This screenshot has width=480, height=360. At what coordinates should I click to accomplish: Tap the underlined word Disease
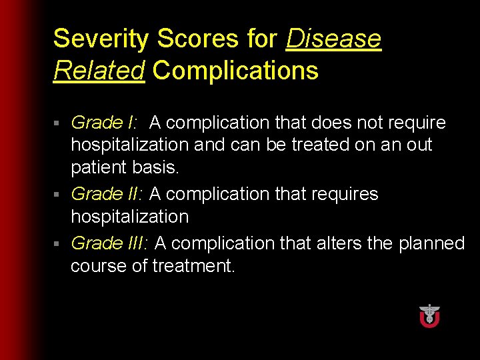tap(333, 39)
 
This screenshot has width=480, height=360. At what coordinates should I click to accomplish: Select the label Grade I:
tap(104, 123)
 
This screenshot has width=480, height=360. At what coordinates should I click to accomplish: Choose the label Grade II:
tap(107, 195)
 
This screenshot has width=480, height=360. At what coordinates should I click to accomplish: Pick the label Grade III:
tap(109, 243)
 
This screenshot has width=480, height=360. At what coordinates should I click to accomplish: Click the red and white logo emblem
tap(429, 316)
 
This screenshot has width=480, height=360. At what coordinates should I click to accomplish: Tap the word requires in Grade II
tap(340, 195)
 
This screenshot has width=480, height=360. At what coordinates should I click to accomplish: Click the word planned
tap(431, 243)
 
